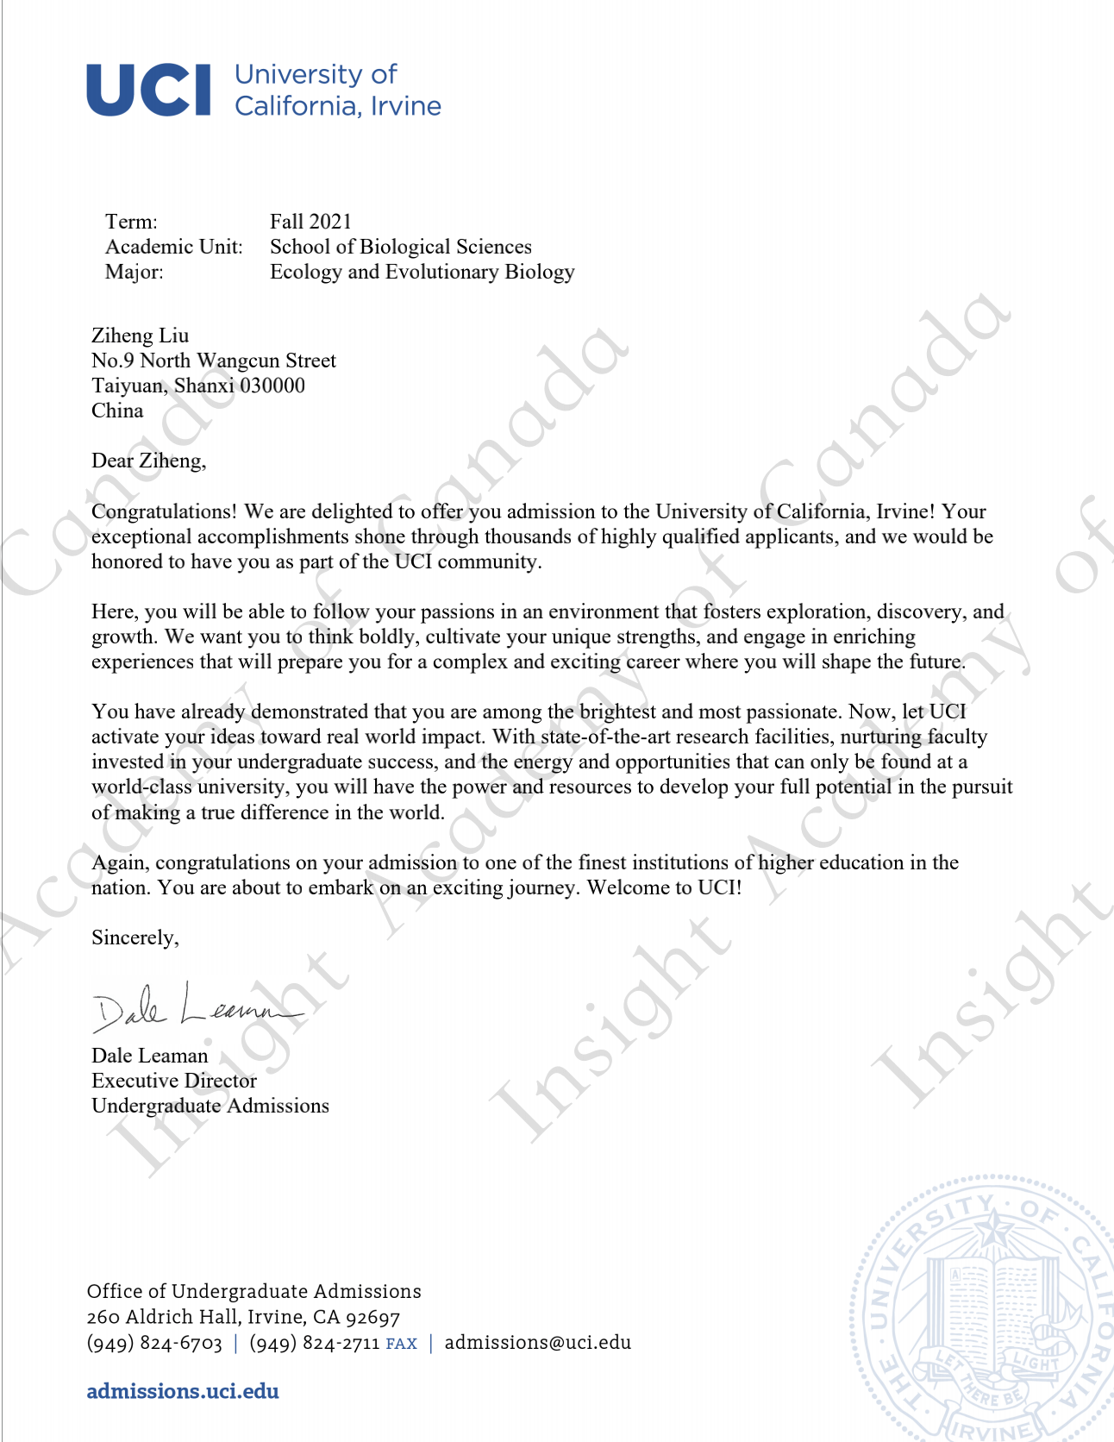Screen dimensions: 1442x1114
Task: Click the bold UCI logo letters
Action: pyautogui.click(x=148, y=90)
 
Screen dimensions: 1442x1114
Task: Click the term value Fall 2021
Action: pyautogui.click(x=310, y=222)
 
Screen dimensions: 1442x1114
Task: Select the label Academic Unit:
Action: pyautogui.click(x=173, y=247)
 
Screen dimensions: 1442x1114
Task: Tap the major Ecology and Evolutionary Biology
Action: pyautogui.click(x=422, y=272)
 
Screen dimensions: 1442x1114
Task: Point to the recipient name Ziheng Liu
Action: pyautogui.click(x=140, y=335)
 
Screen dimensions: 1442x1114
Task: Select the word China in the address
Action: pyautogui.click(x=117, y=411)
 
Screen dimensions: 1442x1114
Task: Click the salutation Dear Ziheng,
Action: pyautogui.click(x=148, y=461)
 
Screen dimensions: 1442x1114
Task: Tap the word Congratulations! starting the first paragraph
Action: pyautogui.click(x=164, y=511)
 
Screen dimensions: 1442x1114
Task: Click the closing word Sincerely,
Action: pyautogui.click(x=135, y=937)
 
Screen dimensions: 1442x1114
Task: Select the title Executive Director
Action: pyautogui.click(x=174, y=1081)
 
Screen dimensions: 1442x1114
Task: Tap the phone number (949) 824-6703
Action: pyautogui.click(x=154, y=1343)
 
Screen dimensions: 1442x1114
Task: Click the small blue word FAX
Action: pyautogui.click(x=401, y=1344)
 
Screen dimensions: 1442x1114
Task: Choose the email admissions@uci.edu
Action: pyautogui.click(x=537, y=1342)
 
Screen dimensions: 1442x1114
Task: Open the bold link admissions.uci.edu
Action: pyautogui.click(x=183, y=1391)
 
